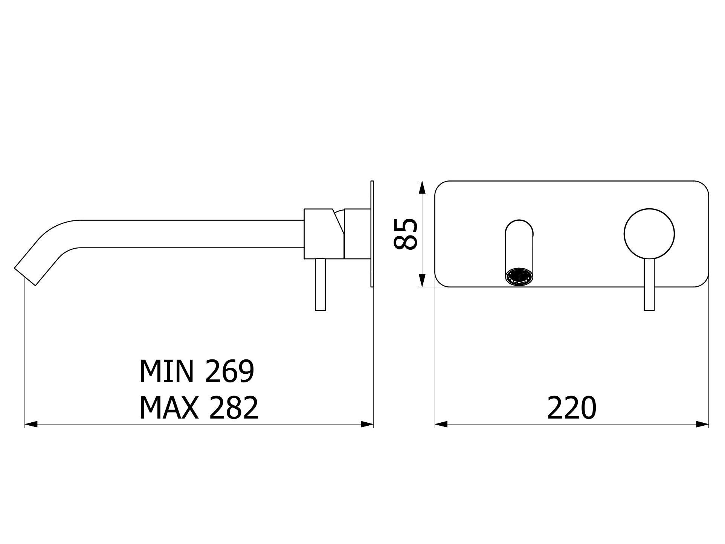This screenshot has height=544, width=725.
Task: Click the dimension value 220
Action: [571, 408]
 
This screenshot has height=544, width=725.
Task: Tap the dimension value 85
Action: [405, 234]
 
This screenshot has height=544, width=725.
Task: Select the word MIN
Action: [167, 371]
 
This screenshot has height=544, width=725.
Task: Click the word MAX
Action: [169, 408]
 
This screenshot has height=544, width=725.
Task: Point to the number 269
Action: [230, 371]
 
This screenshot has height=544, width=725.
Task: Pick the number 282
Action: [234, 408]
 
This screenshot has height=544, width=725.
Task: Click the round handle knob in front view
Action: [649, 234]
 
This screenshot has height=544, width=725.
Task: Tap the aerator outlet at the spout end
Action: [519, 278]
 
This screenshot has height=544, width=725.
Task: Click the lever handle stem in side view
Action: [320, 284]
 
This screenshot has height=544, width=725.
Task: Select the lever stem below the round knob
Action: [649, 285]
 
